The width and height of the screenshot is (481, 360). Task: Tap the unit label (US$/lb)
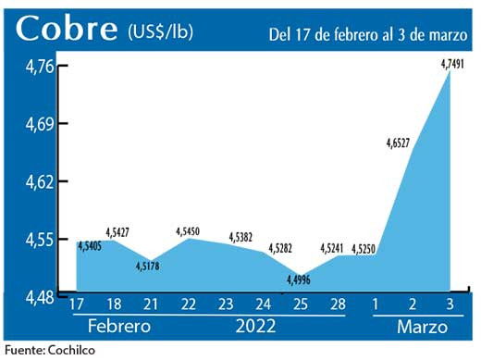[x=160, y=31]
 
